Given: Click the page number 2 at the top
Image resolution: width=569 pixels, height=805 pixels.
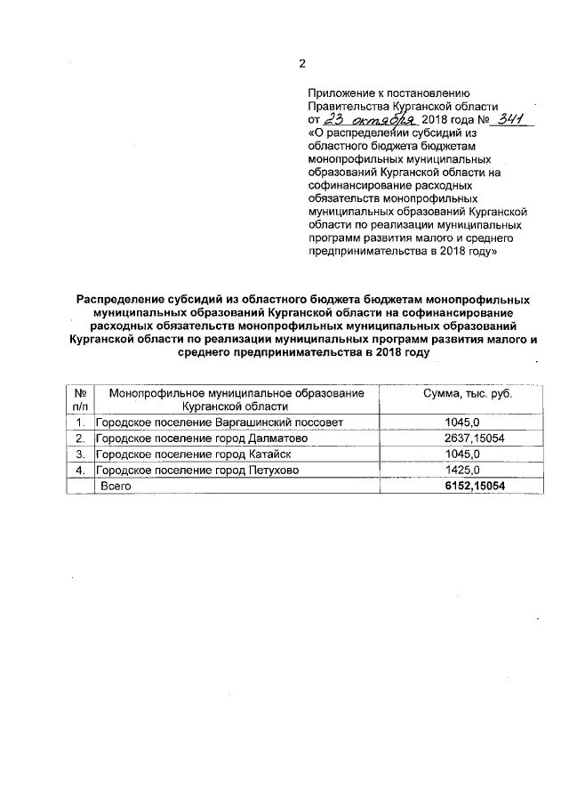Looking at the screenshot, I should pyautogui.click(x=301, y=62).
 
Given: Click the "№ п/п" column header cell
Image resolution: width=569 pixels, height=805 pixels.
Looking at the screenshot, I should pyautogui.click(x=80, y=399).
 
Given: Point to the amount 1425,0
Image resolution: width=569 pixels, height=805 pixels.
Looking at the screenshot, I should pyautogui.click(x=461, y=471).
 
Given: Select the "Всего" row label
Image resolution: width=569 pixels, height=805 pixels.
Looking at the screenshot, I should pyautogui.click(x=116, y=487).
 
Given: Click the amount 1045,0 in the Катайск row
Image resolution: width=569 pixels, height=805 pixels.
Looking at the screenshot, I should pyautogui.click(x=461, y=455).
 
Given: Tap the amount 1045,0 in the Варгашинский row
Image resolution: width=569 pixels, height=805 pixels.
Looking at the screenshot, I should pyautogui.click(x=461, y=423).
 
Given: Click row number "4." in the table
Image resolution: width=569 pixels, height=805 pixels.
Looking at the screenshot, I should pyautogui.click(x=80, y=471).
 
